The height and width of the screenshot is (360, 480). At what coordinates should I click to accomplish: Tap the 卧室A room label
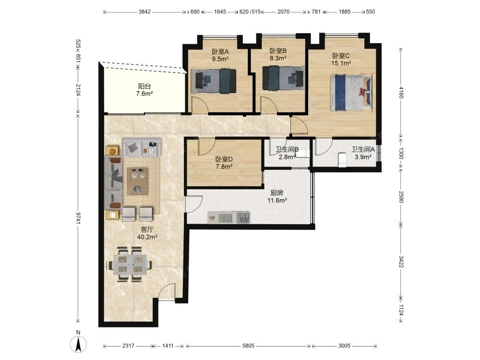pyautogui.click(x=220, y=52)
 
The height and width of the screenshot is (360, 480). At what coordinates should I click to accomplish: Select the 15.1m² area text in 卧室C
pyautogui.click(x=341, y=63)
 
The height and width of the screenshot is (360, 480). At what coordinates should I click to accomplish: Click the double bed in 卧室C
pyautogui.click(x=351, y=92)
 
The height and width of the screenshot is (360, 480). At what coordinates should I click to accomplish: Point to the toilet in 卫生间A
pyautogui.click(x=342, y=160)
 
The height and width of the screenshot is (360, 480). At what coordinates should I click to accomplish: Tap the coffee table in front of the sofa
pyautogui.click(x=137, y=181)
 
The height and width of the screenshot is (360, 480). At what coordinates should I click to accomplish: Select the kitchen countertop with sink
pyautogui.click(x=228, y=217)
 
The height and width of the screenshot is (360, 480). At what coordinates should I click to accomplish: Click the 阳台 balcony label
pyautogui.click(x=144, y=86)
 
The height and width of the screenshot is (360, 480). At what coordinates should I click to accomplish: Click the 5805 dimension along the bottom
pyautogui.click(x=248, y=346)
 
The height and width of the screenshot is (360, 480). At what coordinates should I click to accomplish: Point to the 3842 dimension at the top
pyautogui.click(x=144, y=12)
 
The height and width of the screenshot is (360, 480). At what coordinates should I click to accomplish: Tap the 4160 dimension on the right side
pyautogui.click(x=401, y=93)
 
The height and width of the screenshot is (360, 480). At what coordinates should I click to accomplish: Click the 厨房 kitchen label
pyautogui.click(x=277, y=193)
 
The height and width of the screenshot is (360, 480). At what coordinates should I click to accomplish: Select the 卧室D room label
pyautogui.click(x=224, y=159)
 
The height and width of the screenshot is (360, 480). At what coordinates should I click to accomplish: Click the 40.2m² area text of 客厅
pyautogui.click(x=147, y=237)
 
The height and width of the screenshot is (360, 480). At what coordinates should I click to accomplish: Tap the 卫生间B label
pyautogui.click(x=287, y=149)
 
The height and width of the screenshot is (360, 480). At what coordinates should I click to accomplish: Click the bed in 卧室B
pyautogui.click(x=283, y=78)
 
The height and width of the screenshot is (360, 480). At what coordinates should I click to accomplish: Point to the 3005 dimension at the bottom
pyautogui.click(x=344, y=346)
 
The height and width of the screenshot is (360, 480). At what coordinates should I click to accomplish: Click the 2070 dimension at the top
pyautogui.click(x=284, y=12)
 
